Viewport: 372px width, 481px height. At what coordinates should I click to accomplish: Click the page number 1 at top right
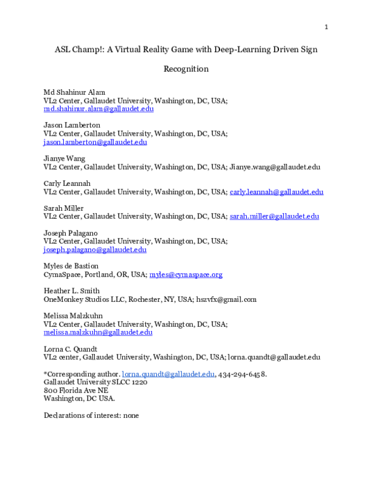click(x=326, y=27)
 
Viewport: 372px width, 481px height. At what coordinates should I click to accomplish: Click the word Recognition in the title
click(x=186, y=69)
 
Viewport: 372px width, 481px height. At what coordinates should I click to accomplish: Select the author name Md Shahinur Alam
click(x=74, y=92)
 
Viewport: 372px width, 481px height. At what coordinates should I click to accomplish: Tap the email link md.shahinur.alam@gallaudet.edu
click(x=99, y=108)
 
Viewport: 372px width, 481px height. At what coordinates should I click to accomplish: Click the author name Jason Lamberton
click(x=72, y=125)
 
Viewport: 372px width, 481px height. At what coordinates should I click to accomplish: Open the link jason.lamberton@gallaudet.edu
click(x=95, y=142)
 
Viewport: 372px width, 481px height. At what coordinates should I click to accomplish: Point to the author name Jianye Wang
click(x=65, y=159)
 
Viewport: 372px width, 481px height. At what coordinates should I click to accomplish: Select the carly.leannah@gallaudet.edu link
click(x=277, y=192)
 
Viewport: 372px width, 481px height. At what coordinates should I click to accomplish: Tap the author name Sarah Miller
click(x=63, y=208)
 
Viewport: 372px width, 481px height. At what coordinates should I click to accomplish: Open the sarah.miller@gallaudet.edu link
click(x=274, y=216)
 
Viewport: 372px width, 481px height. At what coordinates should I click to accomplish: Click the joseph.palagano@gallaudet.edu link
click(x=95, y=250)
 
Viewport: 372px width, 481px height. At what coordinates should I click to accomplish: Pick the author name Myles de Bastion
click(x=71, y=267)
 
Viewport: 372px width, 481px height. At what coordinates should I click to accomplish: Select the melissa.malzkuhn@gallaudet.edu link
click(x=98, y=332)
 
